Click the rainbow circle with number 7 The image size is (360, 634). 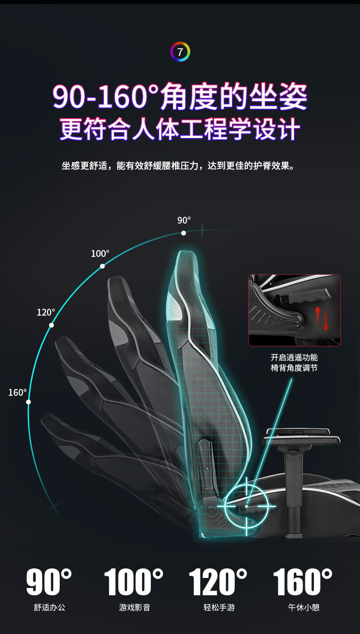180,52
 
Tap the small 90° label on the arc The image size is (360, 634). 184,220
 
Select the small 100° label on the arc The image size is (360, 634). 100,254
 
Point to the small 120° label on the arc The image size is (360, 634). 46,312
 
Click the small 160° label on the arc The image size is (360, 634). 17,393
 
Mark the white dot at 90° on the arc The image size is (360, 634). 184,233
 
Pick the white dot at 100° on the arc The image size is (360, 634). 102,266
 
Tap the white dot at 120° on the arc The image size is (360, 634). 51,325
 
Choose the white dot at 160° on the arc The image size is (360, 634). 28,402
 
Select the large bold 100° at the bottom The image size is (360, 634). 134,582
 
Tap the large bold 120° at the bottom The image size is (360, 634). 218,582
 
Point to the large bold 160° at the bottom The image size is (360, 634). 303,582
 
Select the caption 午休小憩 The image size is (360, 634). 303,607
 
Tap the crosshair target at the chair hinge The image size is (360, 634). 247,506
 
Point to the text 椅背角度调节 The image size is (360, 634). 294,367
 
